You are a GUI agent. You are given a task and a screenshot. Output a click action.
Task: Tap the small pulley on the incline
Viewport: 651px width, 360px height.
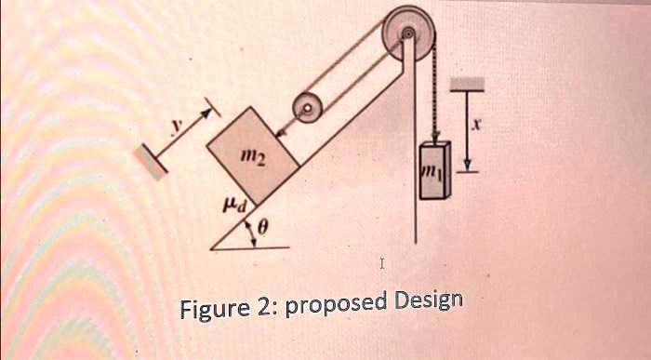pos(307,107)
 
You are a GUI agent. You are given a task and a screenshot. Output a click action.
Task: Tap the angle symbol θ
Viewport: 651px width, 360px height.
pos(263,226)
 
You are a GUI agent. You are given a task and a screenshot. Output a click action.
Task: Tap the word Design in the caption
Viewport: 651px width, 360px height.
pos(429,302)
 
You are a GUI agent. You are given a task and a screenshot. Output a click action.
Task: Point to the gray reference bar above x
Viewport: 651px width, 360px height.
pos(469,85)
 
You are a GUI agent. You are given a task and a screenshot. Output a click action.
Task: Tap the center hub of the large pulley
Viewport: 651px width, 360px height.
pos(407,35)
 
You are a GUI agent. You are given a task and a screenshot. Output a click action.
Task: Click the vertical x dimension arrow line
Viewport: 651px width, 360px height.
pos(470,130)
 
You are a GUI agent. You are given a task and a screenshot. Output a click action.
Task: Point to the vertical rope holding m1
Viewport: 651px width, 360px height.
pos(431,93)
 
